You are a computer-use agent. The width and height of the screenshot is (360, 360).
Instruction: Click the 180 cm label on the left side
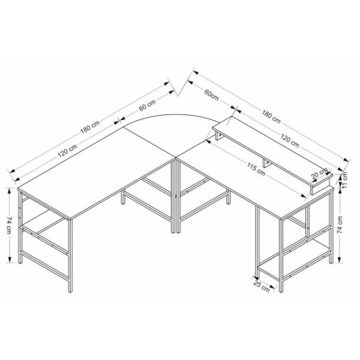(90, 127)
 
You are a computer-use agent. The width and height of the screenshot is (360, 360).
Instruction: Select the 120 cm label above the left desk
(67, 151)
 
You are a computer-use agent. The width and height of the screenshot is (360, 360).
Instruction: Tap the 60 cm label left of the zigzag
(148, 105)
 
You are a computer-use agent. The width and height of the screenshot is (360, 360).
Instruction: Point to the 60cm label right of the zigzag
(211, 95)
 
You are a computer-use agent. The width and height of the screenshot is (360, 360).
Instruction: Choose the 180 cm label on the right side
(271, 116)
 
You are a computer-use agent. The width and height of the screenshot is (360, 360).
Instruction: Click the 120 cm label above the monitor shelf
(290, 140)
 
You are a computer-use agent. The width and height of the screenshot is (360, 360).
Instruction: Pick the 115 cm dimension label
(256, 169)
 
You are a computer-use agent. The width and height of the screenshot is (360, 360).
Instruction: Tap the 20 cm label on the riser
(319, 174)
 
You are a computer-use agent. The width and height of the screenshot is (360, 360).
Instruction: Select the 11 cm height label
(345, 180)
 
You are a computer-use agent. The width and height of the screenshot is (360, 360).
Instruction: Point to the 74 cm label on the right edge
(340, 225)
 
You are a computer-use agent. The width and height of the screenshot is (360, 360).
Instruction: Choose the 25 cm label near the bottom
(262, 286)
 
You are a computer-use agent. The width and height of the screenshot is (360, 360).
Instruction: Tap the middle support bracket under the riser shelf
(266, 163)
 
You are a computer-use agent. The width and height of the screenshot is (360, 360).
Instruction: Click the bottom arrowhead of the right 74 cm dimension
(340, 260)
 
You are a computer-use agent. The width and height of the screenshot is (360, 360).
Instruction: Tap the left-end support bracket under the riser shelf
(219, 136)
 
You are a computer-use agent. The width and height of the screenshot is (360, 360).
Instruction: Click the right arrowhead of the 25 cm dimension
(273, 287)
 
